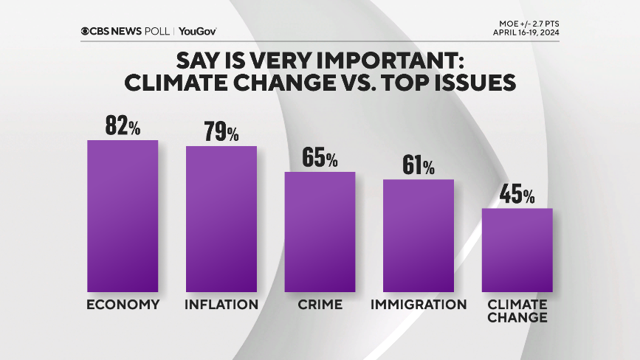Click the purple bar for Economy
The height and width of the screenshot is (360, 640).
[123, 215]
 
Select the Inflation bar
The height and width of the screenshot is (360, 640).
[221, 219]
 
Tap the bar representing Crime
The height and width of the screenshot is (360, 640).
[320, 232]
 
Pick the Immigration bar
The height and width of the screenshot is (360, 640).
[418, 235]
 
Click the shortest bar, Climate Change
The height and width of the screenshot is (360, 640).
[517, 250]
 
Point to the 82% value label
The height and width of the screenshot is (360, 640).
[123, 126]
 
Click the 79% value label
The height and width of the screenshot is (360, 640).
[221, 132]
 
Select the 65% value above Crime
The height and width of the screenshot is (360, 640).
[320, 158]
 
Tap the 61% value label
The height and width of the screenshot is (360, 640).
[418, 166]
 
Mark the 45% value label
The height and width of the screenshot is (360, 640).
[517, 195]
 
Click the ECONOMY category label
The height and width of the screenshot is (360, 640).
[123, 305]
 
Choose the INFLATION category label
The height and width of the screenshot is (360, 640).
[221, 305]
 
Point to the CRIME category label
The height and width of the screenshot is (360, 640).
[320, 305]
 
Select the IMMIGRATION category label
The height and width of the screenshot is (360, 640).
[419, 305]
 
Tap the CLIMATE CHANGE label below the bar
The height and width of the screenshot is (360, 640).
[517, 311]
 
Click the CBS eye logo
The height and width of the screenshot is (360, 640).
[86, 31]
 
